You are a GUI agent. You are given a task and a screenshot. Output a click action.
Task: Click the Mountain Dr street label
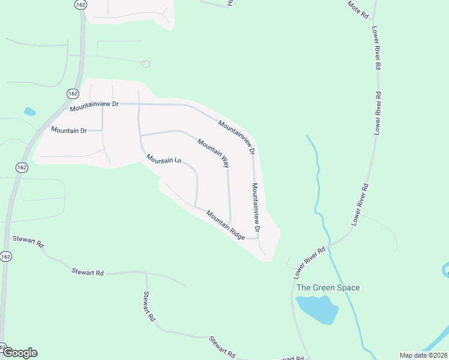69,130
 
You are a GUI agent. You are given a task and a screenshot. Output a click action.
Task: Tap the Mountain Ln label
164,160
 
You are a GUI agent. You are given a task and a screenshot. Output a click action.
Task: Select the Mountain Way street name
213,152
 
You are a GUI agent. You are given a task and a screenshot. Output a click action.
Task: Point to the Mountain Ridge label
225,225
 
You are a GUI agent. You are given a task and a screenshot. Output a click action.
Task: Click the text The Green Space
328,288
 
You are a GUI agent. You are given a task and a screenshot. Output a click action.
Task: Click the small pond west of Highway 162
29,112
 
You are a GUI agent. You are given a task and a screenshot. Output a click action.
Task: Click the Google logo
20,353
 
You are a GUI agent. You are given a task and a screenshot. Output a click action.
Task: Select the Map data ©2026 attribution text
423,355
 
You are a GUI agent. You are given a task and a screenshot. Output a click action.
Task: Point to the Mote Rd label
357,9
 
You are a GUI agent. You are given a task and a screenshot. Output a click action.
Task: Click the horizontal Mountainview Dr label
94,106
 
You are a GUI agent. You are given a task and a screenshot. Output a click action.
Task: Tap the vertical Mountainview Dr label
256,208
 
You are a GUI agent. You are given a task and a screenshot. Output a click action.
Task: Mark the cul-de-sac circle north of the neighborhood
145,64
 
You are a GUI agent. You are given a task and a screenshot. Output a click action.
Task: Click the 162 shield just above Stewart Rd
6,256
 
